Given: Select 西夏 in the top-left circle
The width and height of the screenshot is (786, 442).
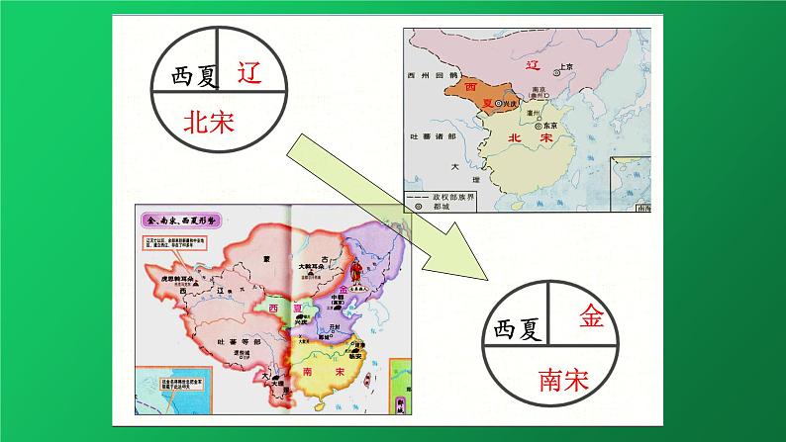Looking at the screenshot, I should pos(190,74).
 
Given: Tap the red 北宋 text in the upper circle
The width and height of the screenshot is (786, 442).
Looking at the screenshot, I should pos(215,122).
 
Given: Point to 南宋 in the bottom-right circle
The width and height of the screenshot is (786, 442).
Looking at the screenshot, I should pos(564,380).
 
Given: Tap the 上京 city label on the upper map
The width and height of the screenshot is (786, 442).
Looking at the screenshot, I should pos(566,67).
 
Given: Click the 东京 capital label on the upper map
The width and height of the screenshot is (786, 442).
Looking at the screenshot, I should pos(567,124).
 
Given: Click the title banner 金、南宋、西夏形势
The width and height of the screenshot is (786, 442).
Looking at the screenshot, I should pos(182,219).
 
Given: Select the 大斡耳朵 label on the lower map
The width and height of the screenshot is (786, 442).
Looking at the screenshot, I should pos(315,267).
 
